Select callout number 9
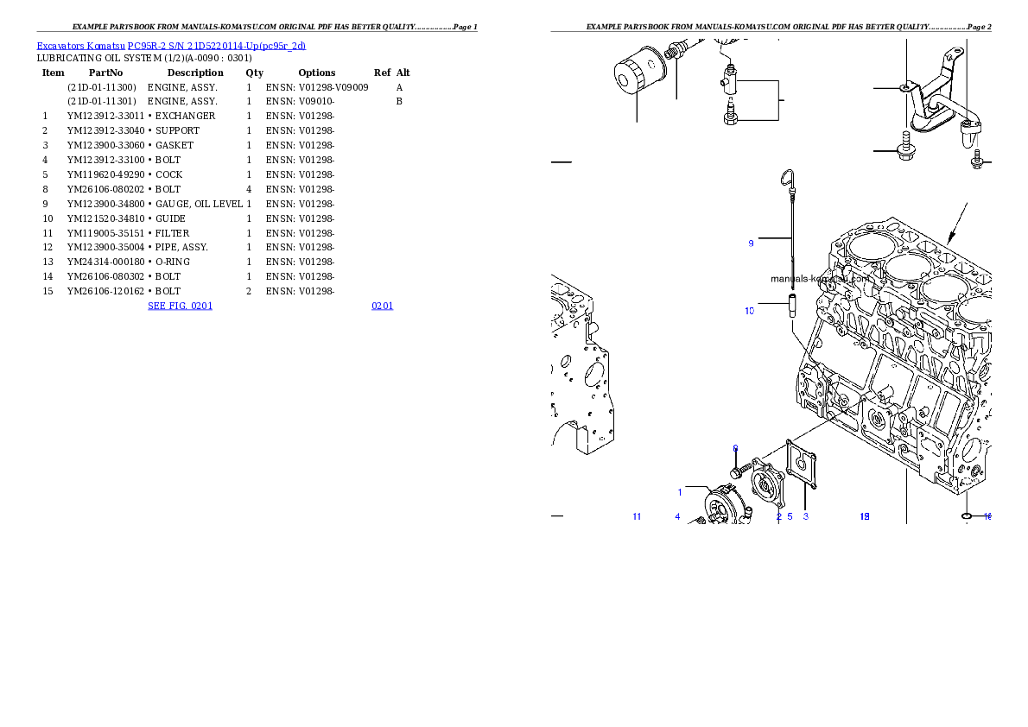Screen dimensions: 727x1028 751,243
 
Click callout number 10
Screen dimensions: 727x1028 749,311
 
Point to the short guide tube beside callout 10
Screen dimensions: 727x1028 790,307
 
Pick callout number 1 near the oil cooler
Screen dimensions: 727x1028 680,492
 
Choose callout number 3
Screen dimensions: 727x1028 805,516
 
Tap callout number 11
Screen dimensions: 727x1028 637,516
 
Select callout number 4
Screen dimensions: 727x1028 677,516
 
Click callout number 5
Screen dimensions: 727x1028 790,516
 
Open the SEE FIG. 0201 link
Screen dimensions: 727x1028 180,305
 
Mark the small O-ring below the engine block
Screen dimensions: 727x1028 968,516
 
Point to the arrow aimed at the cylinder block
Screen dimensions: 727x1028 956,222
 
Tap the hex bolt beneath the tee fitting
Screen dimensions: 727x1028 730,116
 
